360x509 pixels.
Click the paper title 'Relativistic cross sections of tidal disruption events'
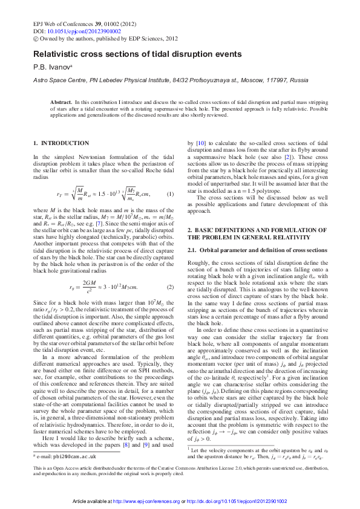point(137,54)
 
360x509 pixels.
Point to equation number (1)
point(170,193)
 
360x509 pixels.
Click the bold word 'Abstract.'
point(61,103)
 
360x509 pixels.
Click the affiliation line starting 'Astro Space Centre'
point(162,80)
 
